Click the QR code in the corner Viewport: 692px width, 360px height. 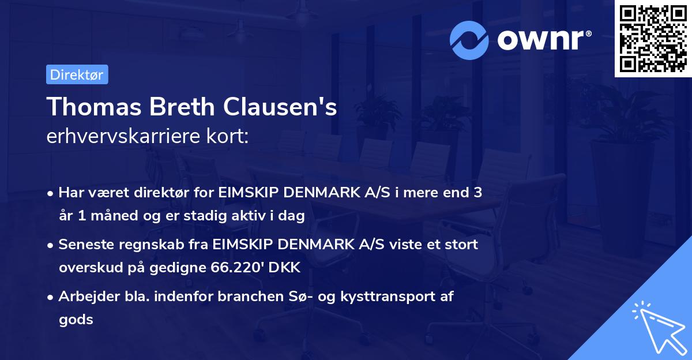[x=653, y=39]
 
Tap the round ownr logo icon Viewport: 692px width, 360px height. [x=469, y=40]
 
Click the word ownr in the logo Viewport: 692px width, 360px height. [x=543, y=40]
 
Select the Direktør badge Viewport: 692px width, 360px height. [x=77, y=74]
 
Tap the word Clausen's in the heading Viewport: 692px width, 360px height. [x=281, y=107]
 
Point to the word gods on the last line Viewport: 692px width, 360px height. [x=76, y=320]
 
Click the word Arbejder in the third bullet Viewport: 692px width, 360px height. [x=84, y=297]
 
